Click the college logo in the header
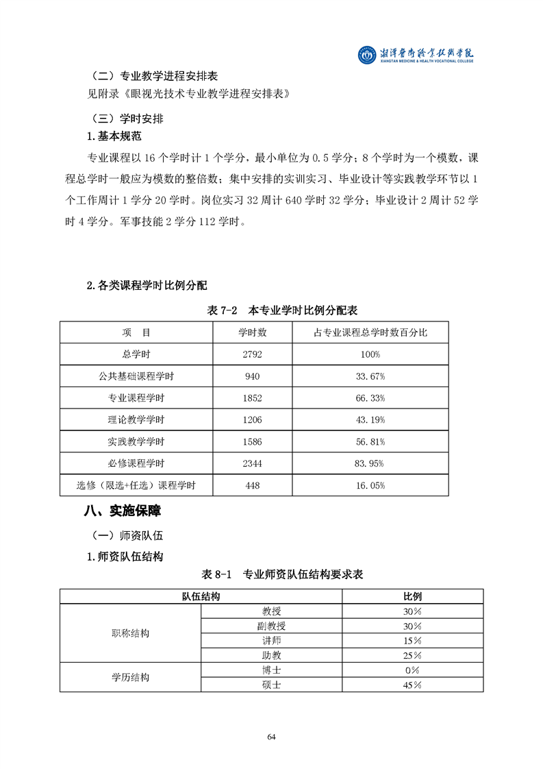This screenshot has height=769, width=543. pyautogui.click(x=367, y=54)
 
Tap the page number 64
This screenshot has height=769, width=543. pyautogui.click(x=271, y=736)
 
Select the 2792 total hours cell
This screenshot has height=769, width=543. pyautogui.click(x=252, y=354)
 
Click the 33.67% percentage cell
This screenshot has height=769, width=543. pyautogui.click(x=370, y=376)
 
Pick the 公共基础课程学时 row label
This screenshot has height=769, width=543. pyautogui.click(x=136, y=376)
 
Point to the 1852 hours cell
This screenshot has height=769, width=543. pyautogui.click(x=252, y=398)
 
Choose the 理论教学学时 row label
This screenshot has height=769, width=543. pyautogui.click(x=136, y=419)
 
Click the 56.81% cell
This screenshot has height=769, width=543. pyautogui.click(x=370, y=441)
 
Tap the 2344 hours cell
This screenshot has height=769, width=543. pyautogui.click(x=252, y=463)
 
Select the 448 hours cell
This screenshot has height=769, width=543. pyautogui.click(x=252, y=485)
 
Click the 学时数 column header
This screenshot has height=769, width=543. pyautogui.click(x=252, y=332)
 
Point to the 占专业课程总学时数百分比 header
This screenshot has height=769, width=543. pyautogui.click(x=370, y=332)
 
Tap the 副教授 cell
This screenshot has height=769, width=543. pyautogui.click(x=271, y=626)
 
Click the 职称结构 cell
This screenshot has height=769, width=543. pyautogui.click(x=131, y=633)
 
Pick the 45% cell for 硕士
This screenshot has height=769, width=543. pyautogui.click(x=412, y=685)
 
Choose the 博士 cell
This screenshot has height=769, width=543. pyautogui.click(x=271, y=670)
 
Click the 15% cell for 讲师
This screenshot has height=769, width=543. pyautogui.click(x=412, y=640)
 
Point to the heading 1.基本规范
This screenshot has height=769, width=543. pyautogui.click(x=114, y=136)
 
